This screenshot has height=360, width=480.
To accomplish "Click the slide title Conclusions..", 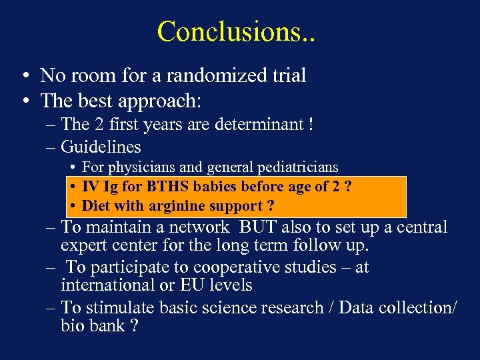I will pyautogui.click(x=236, y=31).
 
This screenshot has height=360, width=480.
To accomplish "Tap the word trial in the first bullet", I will pyautogui.click(x=287, y=76).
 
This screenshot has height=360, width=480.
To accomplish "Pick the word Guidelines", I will pyautogui.click(x=101, y=146).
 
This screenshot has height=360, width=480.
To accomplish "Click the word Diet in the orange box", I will pyautogui.click(x=95, y=206).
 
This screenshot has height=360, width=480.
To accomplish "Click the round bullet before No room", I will pyautogui.click(x=24, y=76).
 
